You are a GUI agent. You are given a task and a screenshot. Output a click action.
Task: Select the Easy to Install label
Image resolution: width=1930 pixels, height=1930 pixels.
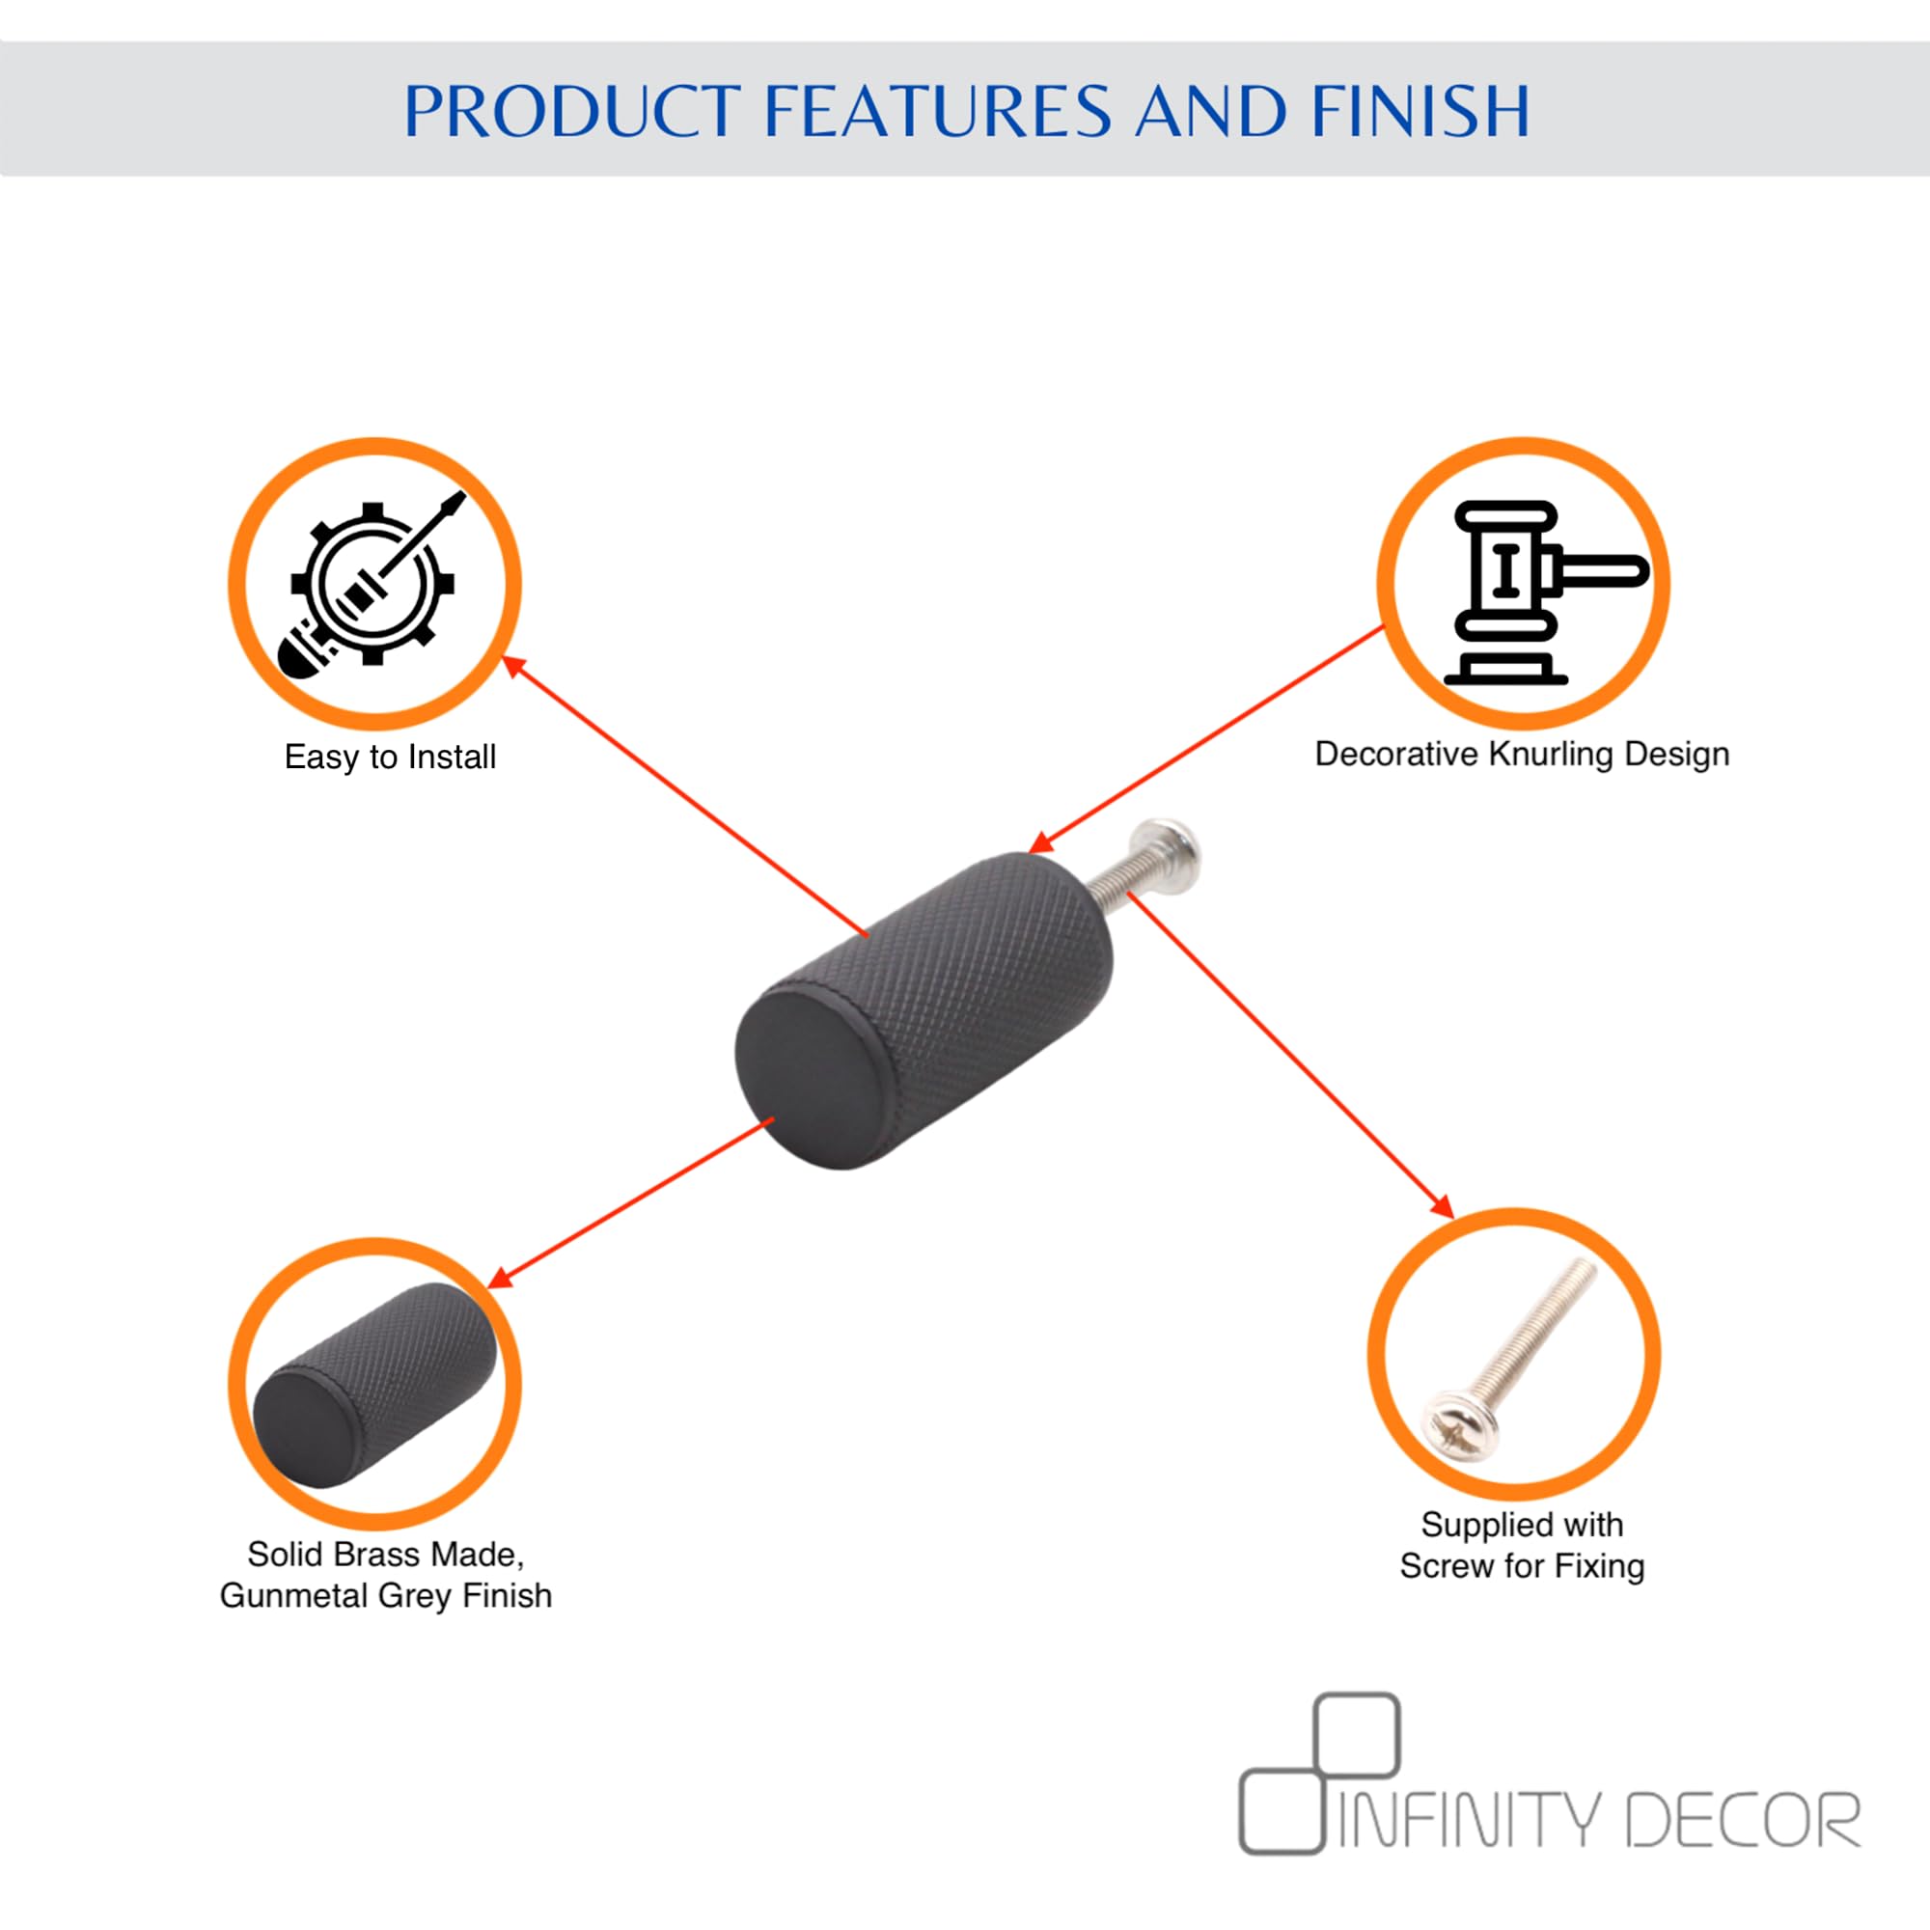[x=390, y=758]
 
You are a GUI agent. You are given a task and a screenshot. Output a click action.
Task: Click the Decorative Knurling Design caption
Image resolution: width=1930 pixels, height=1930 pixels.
[x=1522, y=755]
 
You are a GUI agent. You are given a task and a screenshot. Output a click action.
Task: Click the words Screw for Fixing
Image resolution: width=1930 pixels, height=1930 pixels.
[x=1522, y=1565]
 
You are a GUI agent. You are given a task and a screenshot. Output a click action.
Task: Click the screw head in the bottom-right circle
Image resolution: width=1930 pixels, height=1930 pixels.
[x=1459, y=1423]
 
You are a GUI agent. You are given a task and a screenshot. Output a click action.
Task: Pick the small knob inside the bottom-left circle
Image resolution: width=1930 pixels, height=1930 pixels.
[x=374, y=1386]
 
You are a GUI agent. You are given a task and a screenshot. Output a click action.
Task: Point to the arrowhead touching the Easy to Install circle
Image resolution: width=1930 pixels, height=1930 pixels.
[x=513, y=665]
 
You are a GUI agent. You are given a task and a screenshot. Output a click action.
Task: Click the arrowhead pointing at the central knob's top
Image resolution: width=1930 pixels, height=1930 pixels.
[x=1042, y=843]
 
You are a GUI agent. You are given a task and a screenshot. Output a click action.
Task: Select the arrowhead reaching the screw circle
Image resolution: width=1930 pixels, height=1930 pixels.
[x=1442, y=1205]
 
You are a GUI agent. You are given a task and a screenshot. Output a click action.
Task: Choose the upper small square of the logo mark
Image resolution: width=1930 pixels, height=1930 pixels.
[x=1357, y=1735]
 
